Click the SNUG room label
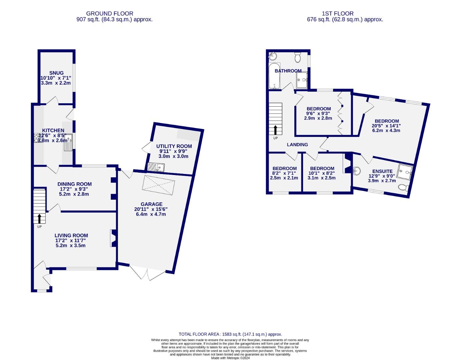tap(56, 73)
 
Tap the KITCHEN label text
tap(53, 130)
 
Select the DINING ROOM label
tap(74, 184)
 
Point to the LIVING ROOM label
tap(71, 235)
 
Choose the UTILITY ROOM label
tap(174, 146)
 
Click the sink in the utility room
tap(155, 167)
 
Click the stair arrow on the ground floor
tap(39, 219)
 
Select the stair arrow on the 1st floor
tap(275, 130)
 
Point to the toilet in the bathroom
tap(298, 58)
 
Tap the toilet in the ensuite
tap(403, 188)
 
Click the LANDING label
tap(297, 145)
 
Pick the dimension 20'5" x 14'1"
tap(386, 126)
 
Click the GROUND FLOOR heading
tap(110, 14)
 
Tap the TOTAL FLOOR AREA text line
tap(230, 334)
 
